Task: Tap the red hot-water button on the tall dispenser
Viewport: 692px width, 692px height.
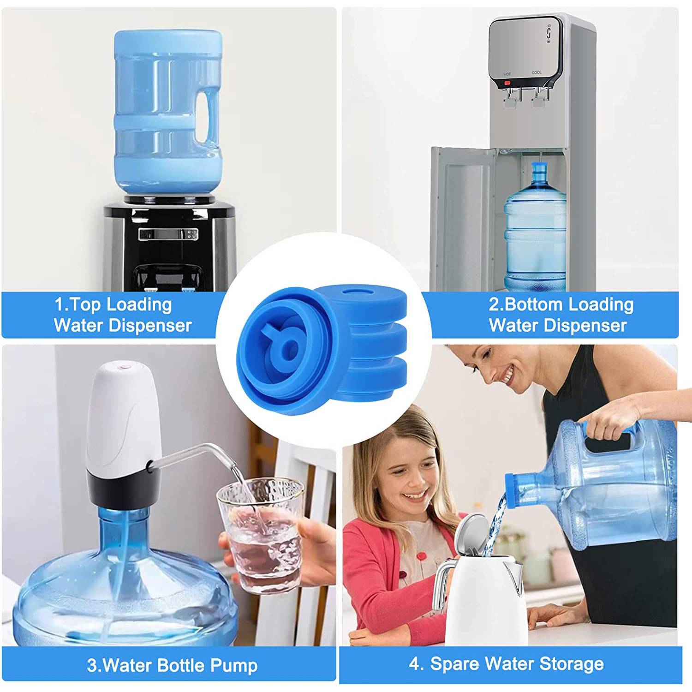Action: point(507,83)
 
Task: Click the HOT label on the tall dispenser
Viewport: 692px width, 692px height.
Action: point(507,74)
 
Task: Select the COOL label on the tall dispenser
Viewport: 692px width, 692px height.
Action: point(537,72)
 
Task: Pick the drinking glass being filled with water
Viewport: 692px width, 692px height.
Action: point(261,535)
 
